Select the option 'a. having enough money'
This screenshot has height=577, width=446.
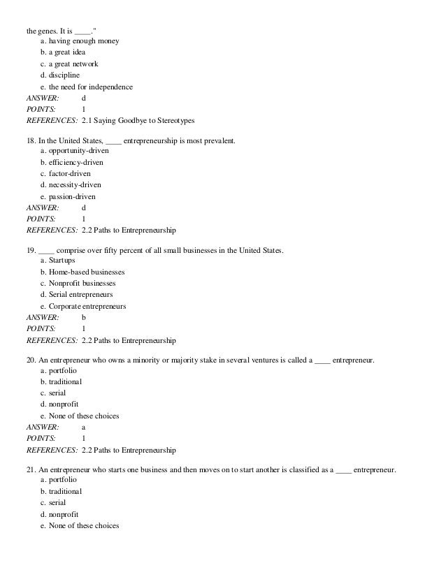tap(79, 41)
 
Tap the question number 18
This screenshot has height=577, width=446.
tap(30, 140)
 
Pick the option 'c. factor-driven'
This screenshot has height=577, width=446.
tap(65, 173)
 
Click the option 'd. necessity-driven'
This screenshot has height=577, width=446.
tap(71, 185)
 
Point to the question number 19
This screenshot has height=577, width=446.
tap(30, 249)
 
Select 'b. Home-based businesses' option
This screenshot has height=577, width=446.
tap(82, 272)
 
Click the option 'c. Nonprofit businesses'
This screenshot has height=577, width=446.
tap(78, 283)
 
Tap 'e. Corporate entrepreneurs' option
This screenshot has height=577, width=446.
tap(83, 306)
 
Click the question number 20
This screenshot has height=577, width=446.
tap(31, 359)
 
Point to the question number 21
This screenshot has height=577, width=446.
tap(31, 469)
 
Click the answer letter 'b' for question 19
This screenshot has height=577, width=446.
tap(84, 317)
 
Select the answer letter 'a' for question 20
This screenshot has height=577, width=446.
tap(84, 427)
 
